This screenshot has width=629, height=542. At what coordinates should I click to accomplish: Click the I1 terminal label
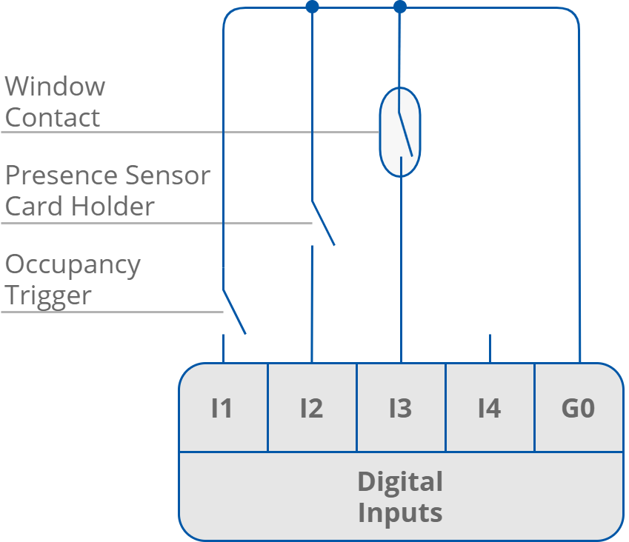[x=222, y=408]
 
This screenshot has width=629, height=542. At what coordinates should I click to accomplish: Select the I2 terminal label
[x=311, y=408]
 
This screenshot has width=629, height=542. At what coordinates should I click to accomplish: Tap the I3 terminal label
[x=400, y=408]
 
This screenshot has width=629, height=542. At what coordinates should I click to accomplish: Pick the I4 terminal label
[x=489, y=408]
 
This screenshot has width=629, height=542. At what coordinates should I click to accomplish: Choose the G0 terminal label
[x=578, y=408]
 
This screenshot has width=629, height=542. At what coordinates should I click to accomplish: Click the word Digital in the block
[x=400, y=482]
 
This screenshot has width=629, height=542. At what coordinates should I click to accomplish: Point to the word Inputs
[x=400, y=512]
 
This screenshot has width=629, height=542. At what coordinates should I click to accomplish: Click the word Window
[x=56, y=87]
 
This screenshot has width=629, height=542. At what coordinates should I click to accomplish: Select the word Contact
[x=53, y=118]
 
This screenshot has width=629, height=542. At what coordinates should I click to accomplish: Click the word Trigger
[x=48, y=296]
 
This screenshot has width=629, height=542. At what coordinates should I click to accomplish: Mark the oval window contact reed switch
[x=400, y=132]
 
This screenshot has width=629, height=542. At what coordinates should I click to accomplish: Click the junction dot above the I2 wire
[x=312, y=7]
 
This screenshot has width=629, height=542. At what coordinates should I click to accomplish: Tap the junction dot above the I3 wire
[x=400, y=7]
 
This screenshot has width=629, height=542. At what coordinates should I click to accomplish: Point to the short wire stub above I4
[x=490, y=348]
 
